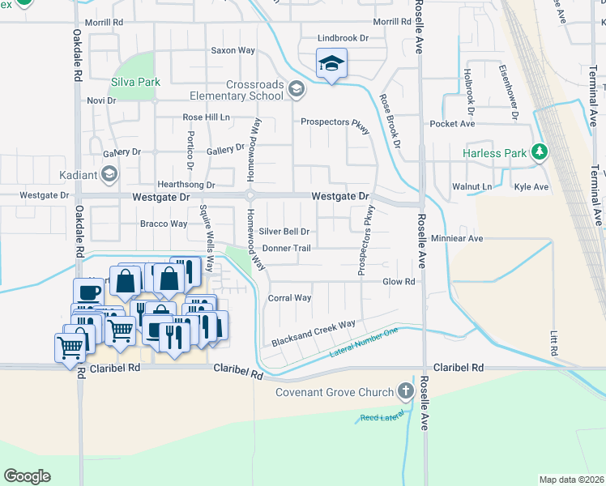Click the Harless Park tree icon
pos(539,151)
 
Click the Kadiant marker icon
pos(109,174)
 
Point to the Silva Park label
pos(135,82)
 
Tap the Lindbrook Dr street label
pos(343,38)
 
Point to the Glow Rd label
pos(399,282)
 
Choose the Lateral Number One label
pos(364,344)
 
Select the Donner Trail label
pos(286,248)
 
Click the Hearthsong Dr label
pos(186,185)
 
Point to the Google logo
pos(27,476)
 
